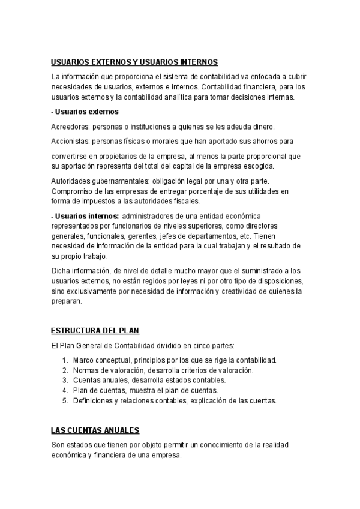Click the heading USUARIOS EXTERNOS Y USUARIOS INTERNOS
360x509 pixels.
[134, 62]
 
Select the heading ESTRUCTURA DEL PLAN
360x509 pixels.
[95, 331]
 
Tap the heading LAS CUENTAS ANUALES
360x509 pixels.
[95, 430]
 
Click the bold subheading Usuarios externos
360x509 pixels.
[86, 112]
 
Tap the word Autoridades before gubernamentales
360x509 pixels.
[71, 181]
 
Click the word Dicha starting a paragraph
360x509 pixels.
[61, 271]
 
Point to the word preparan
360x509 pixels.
[68, 302]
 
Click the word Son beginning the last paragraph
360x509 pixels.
[58, 445]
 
